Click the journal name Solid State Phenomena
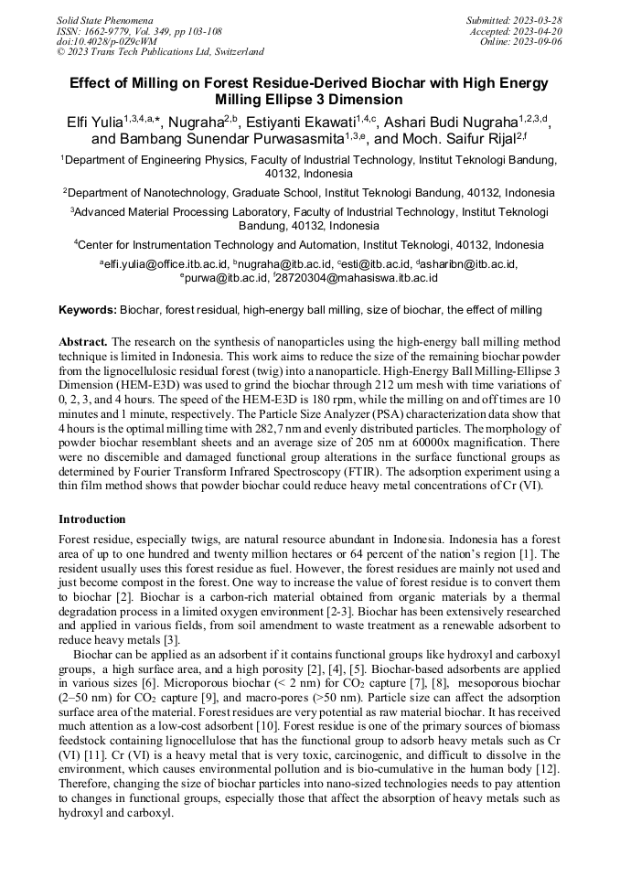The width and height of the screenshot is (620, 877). [104, 19]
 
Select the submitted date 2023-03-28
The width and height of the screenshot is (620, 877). [539, 19]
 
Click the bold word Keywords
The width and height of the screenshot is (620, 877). [88, 310]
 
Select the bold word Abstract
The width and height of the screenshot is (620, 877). [83, 339]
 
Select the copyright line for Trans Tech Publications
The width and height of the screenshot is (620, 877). [160, 52]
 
